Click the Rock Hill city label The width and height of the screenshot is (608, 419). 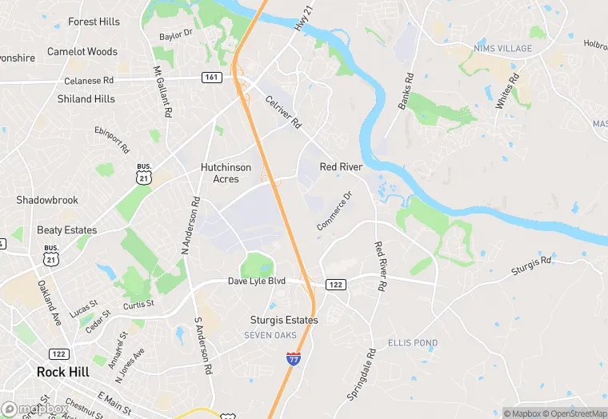click(66, 372)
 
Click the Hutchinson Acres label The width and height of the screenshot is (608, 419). click(226, 174)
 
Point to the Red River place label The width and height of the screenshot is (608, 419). click(341, 167)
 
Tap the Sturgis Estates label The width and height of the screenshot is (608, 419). click(283, 320)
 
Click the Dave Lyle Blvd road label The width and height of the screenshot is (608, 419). click(256, 282)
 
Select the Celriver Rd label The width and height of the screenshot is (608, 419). click(283, 113)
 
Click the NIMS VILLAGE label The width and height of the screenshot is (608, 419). click(502, 49)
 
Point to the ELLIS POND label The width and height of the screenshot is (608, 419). click(413, 343)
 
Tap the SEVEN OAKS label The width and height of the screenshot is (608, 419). click(270, 335)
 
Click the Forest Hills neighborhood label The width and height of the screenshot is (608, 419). click(94, 22)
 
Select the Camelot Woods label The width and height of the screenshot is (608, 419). click(82, 52)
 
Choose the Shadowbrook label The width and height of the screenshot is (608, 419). click(47, 200)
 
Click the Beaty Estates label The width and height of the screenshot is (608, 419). click(66, 230)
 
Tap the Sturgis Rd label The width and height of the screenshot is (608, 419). click(532, 265)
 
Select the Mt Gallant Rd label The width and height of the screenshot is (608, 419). click(162, 93)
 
